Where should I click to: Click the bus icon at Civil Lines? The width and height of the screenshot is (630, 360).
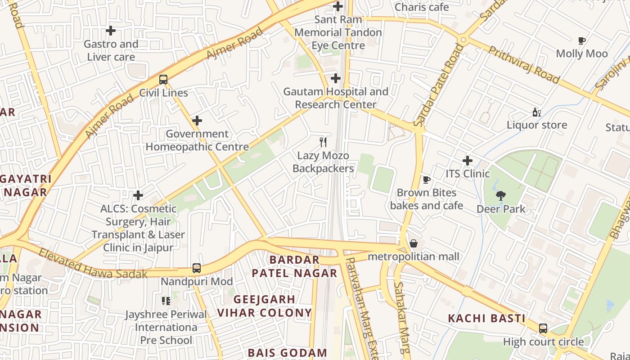(163, 80)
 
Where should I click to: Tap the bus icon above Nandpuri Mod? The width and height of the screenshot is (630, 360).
(197, 268)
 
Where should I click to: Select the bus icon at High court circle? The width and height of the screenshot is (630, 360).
(543, 328)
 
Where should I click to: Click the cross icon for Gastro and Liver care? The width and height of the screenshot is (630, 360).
(111, 31)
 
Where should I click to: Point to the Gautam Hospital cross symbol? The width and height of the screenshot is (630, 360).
(336, 78)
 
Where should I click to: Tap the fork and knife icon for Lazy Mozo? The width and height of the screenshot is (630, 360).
(323, 142)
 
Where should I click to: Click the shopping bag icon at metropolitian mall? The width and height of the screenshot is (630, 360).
(414, 243)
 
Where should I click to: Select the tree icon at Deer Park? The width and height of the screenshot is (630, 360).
(500, 196)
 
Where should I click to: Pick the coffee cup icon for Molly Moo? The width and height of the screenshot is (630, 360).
(582, 40)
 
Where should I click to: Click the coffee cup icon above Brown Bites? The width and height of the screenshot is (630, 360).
(427, 180)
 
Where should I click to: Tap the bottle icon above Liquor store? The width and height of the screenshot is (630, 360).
(536, 112)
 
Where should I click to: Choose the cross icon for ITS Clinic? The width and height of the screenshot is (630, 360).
(468, 161)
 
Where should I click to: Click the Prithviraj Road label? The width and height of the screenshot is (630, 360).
(524, 65)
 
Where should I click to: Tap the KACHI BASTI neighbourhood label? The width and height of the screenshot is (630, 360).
(486, 319)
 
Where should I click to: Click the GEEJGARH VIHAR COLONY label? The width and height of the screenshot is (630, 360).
(265, 306)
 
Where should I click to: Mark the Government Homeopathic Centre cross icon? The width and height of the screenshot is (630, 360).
(197, 121)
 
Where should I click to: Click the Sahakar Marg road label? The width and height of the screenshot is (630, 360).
(401, 317)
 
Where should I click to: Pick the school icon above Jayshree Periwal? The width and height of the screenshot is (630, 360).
(166, 301)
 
